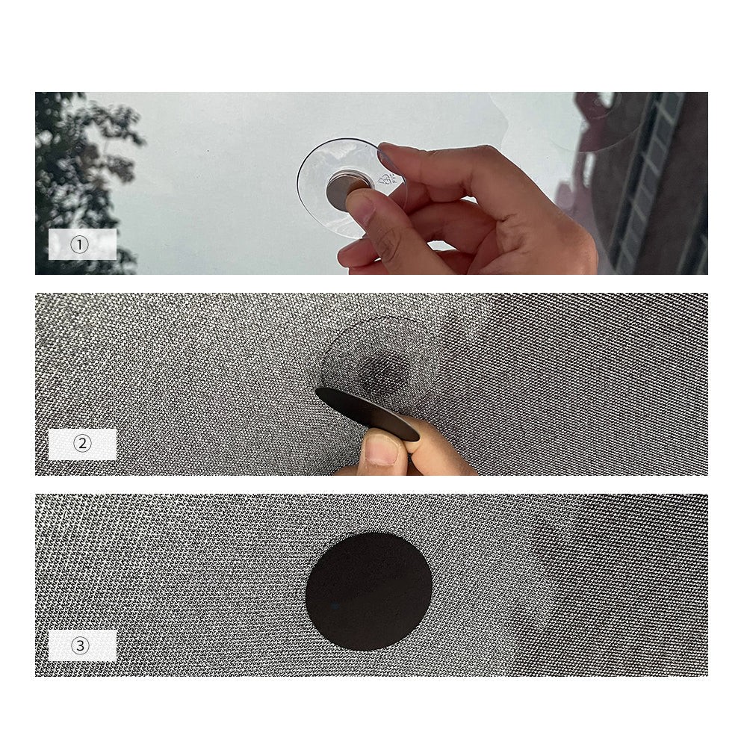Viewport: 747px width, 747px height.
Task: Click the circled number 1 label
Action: click(x=81, y=244)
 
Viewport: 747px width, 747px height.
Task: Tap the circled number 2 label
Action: click(x=81, y=444)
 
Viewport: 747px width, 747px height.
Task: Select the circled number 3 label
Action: click(x=81, y=646)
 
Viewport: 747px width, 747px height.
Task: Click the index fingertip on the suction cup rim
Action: click(x=390, y=155)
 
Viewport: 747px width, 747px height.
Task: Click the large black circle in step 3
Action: click(x=369, y=592)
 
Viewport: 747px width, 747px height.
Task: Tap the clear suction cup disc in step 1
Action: click(x=317, y=183)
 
